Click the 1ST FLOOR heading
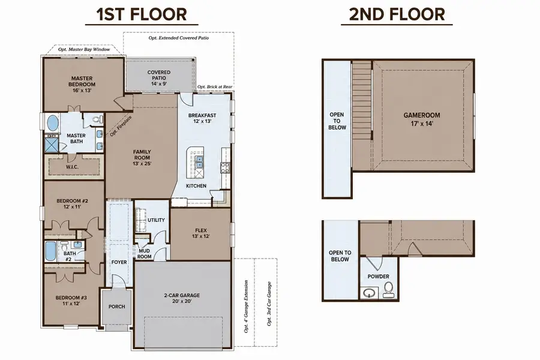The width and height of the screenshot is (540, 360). tap(142, 14)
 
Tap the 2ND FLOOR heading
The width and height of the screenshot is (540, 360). tap(397, 14)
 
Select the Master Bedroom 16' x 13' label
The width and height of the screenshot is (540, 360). tap(82, 85)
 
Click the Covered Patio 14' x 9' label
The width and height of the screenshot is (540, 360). tap(159, 78)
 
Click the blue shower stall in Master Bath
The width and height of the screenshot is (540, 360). tap(52, 145)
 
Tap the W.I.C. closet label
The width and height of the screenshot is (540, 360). tap(73, 167)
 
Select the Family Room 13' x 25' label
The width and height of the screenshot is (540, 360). tap(142, 157)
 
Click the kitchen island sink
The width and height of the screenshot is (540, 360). tap(199, 160)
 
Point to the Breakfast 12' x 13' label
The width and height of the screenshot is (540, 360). tap(202, 118)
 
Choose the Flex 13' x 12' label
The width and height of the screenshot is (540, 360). tap(201, 233)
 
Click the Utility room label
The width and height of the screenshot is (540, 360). tap(156, 220)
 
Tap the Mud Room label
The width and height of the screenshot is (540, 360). tap(144, 254)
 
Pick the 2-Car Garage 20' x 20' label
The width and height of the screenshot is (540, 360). tap(182, 298)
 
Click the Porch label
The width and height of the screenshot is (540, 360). tap(117, 306)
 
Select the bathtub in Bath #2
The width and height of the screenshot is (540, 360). tap(51, 251)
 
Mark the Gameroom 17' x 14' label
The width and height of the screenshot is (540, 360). tap(422, 119)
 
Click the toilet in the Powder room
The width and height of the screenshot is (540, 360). tap(388, 289)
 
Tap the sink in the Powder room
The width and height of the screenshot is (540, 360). tap(369, 292)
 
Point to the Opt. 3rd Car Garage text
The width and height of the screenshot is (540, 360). tap(269, 304)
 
